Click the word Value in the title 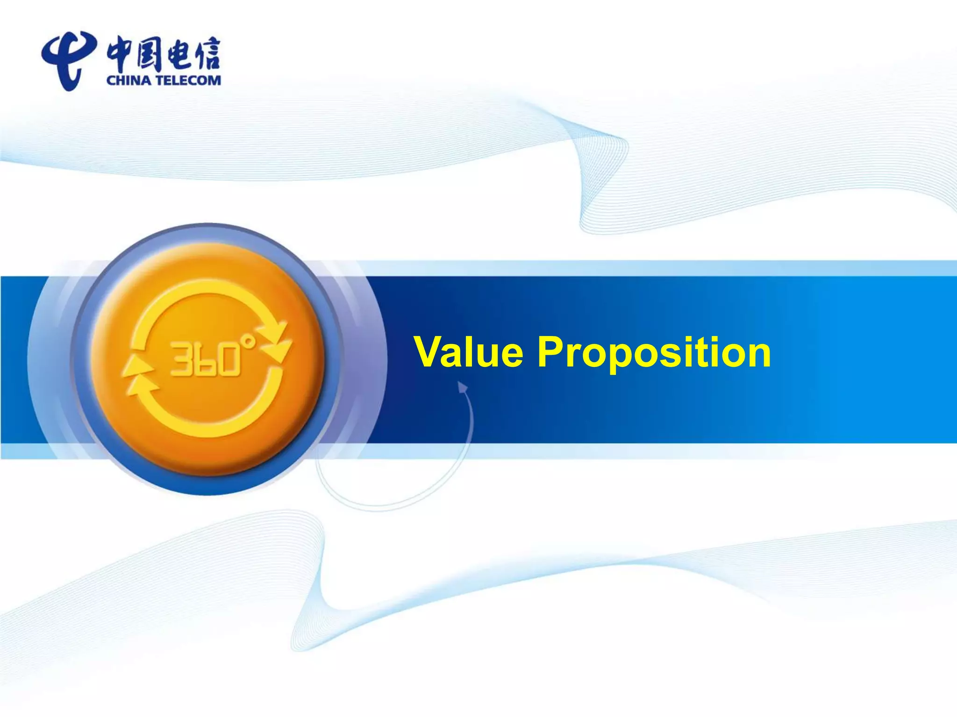[468, 352]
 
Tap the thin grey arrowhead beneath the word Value [462, 387]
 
